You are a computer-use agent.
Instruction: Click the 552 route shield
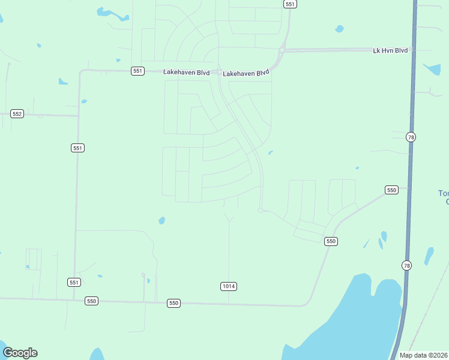click(x=17, y=114)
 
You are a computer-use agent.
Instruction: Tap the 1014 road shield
click(x=228, y=286)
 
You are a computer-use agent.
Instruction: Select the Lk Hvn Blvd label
click(x=390, y=50)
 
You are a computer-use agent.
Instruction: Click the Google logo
click(x=20, y=353)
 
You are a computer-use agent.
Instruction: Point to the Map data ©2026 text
click(x=424, y=355)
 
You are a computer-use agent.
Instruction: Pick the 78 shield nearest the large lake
click(x=407, y=265)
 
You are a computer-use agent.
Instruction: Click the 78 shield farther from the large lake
click(x=411, y=137)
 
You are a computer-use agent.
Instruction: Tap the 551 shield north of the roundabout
click(x=290, y=4)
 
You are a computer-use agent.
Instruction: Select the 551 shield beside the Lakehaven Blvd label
click(x=138, y=71)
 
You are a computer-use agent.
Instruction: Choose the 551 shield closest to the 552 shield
click(x=77, y=148)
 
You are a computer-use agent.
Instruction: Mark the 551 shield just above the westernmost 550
click(x=74, y=282)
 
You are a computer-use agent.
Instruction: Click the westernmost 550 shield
click(x=91, y=301)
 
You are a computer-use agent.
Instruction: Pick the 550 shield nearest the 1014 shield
click(x=173, y=303)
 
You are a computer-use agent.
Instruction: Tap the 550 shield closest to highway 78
click(x=391, y=190)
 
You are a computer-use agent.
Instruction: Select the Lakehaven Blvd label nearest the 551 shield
click(x=186, y=73)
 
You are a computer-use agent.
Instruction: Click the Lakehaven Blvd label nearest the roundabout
click(x=246, y=73)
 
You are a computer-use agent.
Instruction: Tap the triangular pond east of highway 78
click(x=432, y=68)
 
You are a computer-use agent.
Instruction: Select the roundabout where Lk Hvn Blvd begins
click(x=281, y=50)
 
